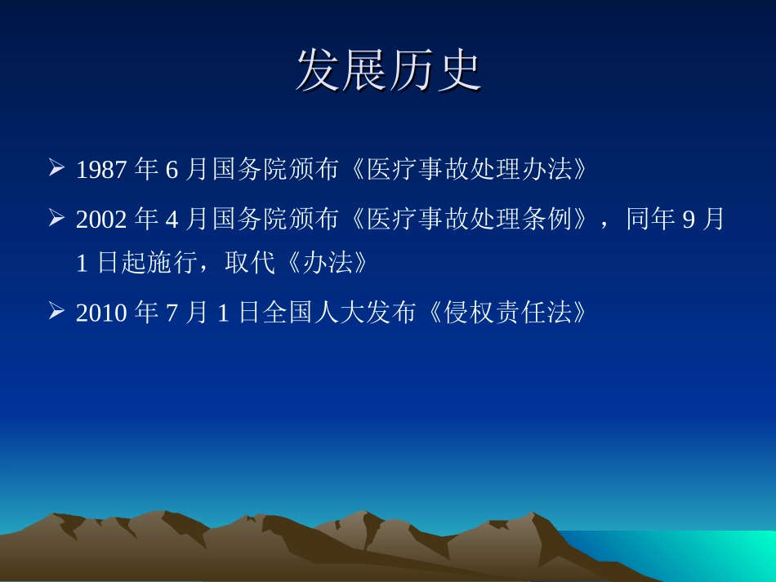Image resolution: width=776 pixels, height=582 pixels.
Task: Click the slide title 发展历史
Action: [x=388, y=71]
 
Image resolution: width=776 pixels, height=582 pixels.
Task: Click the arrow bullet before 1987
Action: [x=56, y=169]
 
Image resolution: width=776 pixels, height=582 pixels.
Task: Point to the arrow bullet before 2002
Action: [x=56, y=219]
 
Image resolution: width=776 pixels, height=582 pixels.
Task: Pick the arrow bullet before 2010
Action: [x=56, y=312]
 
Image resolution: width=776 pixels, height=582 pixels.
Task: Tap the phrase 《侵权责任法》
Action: [x=504, y=313]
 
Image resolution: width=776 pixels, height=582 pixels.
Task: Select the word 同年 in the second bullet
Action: [x=650, y=220]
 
